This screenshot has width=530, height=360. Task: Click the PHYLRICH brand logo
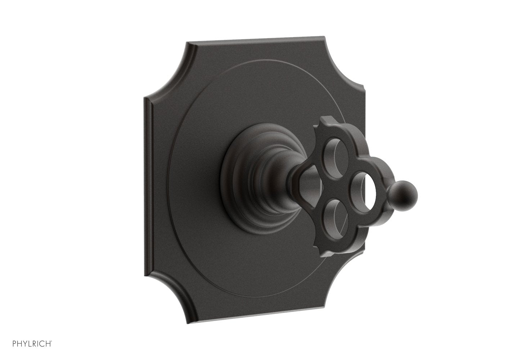pos(32,344)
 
